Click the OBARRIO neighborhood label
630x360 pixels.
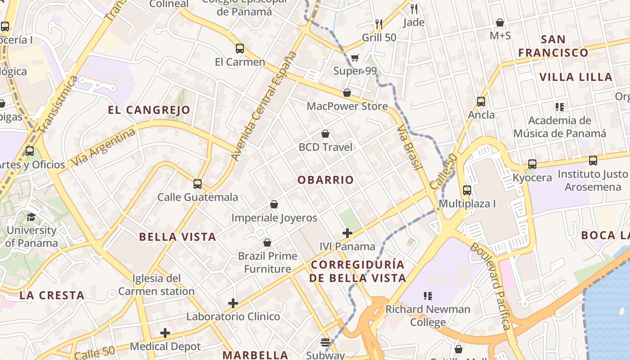coord(325,180)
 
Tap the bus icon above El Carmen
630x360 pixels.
coord(240,49)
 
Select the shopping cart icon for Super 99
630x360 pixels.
coord(355,58)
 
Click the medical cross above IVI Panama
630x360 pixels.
coord(347,233)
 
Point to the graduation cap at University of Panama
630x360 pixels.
coord(31,217)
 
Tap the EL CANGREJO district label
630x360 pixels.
coord(149,110)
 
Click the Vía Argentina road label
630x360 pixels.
coord(103,147)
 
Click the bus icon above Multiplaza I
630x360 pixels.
coord(467,190)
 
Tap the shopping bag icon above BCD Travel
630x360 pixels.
coord(325,134)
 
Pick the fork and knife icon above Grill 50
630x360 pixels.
coord(379,24)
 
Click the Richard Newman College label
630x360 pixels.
coord(427,315)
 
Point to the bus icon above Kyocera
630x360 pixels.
coord(532,164)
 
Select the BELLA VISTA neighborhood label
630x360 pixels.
coord(177,237)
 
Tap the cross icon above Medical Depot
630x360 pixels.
coord(165,333)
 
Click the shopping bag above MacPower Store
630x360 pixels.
coord(347,93)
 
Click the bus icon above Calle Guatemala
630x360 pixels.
coord(198,184)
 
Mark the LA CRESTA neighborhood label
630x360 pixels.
coord(52,296)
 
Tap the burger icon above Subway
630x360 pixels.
coord(325,342)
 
